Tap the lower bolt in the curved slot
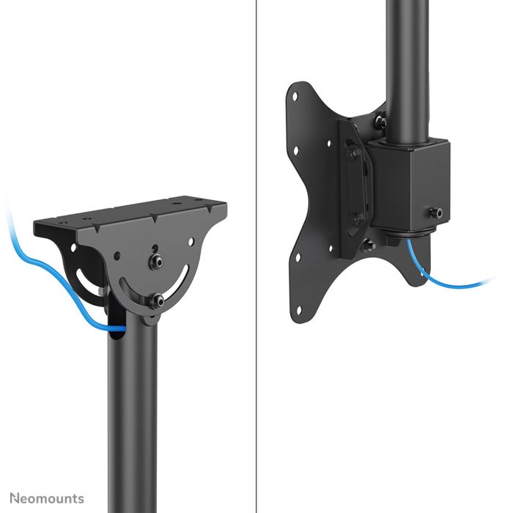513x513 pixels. [x=157, y=299]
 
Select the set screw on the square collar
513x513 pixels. [x=438, y=213]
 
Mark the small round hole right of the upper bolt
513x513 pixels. [x=188, y=240]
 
